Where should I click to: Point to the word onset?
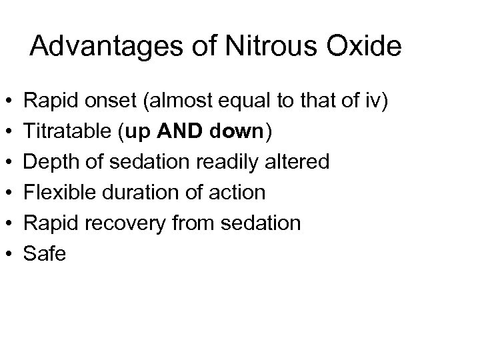[x=113, y=101]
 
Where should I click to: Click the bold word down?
[x=242, y=132]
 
